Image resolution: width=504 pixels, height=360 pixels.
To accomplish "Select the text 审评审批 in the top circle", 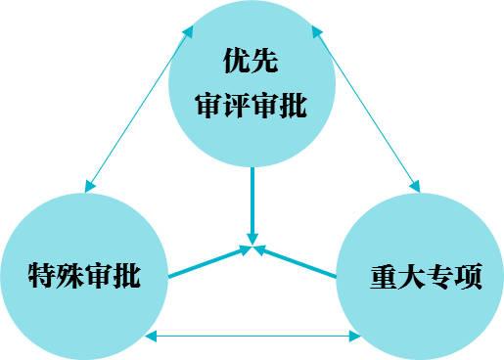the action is tap(252, 106).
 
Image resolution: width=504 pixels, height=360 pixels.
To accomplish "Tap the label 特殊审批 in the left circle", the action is tap(84, 276).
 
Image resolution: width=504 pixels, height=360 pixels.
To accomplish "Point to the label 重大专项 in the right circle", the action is tap(427, 276).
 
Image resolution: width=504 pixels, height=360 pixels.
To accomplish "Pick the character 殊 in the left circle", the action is tap(70, 276).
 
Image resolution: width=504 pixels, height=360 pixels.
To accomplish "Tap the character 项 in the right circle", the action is tap(469, 276).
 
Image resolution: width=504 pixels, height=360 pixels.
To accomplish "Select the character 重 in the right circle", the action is tap(385, 276).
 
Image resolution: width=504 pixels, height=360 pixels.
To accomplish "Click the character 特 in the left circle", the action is tap(42, 276).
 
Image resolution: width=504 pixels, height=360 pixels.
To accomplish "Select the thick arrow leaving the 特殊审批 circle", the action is tap(207, 263).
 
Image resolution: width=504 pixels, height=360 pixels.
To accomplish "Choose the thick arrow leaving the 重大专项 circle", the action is tap(299, 263).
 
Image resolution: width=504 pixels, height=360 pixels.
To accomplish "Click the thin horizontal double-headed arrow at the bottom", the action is tap(252, 337).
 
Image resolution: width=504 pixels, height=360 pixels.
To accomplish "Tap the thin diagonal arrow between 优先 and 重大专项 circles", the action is tap(368, 110).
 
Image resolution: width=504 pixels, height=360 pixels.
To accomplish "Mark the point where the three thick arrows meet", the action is tap(253, 249).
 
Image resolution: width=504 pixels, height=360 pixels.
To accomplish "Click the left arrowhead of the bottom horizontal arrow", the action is tap(149, 337).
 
